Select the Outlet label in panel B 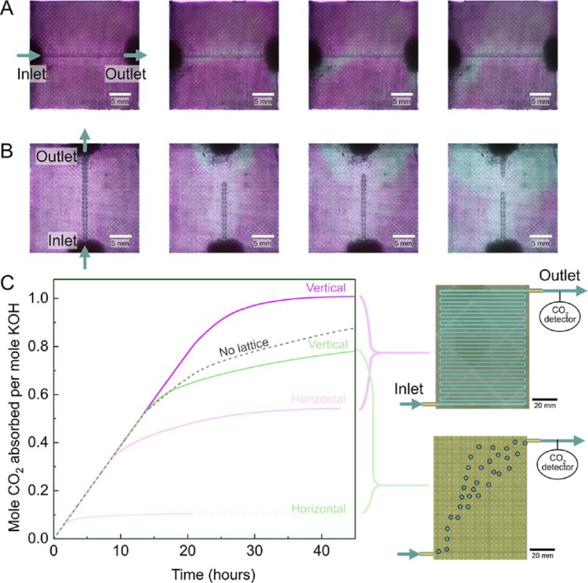pyautogui.click(x=55, y=157)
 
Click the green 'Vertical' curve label pyautogui.click(x=326, y=343)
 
